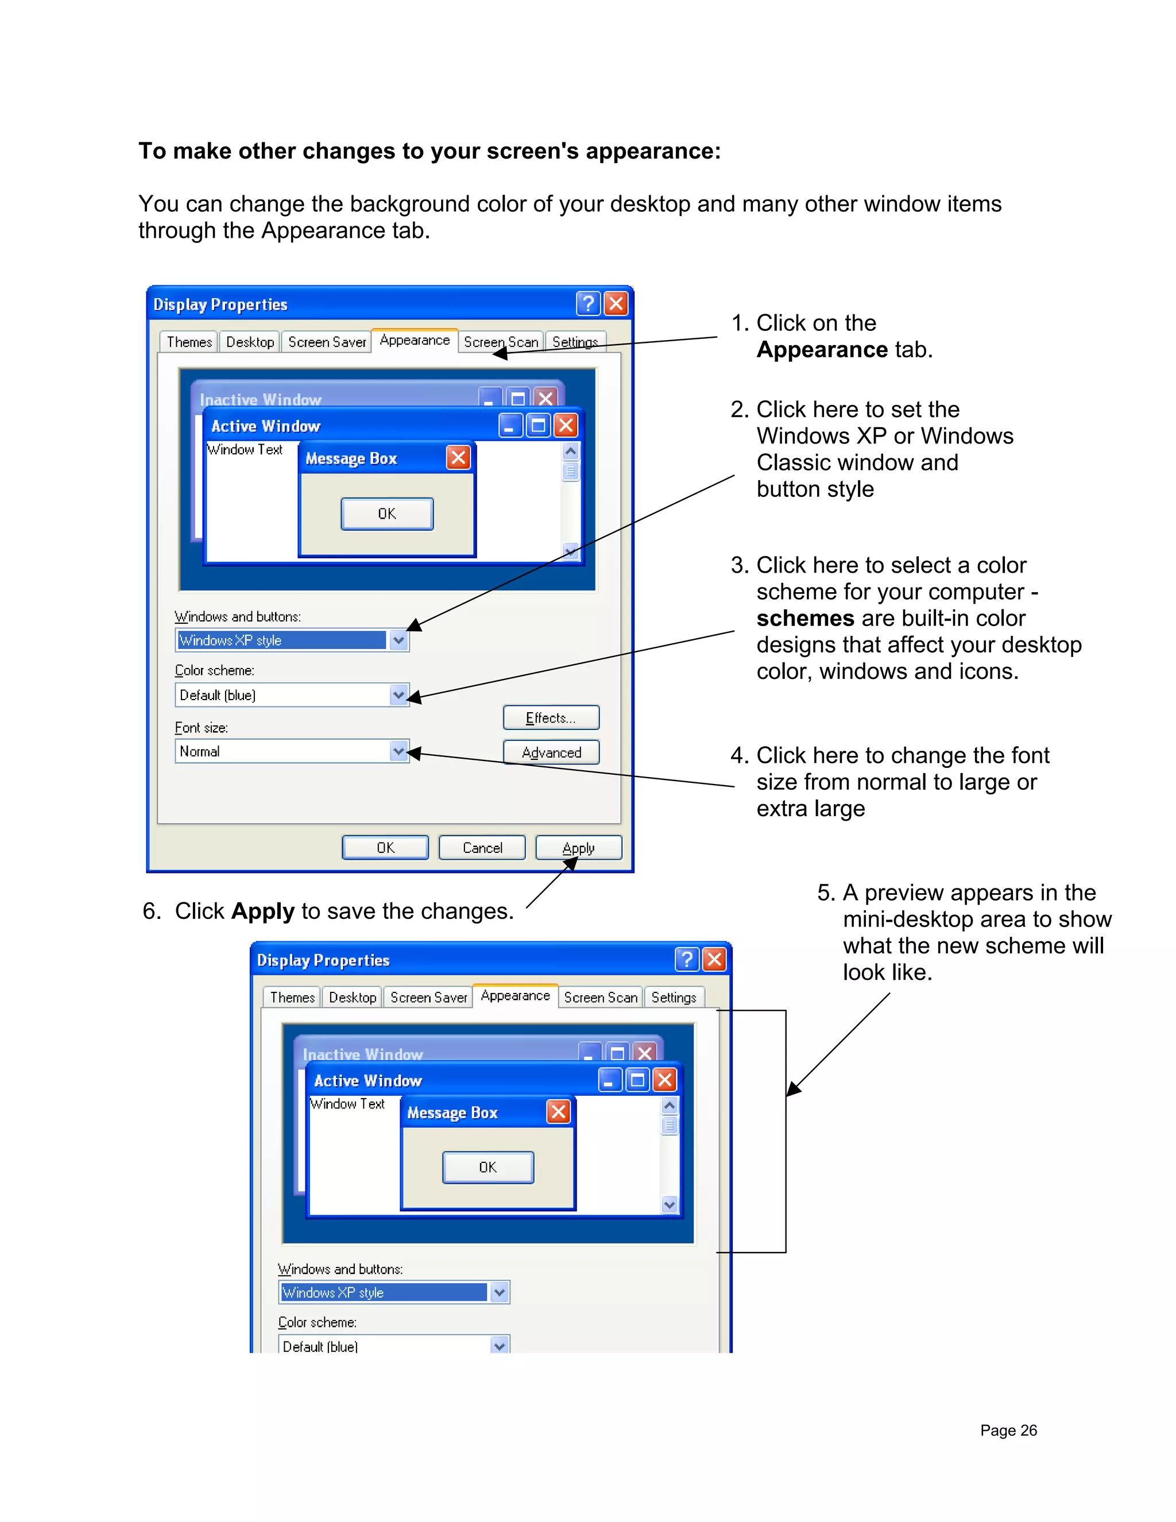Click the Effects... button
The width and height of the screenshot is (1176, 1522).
click(x=550, y=718)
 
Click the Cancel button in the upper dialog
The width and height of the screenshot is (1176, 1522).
click(x=482, y=847)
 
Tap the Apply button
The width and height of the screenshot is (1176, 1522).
click(x=578, y=847)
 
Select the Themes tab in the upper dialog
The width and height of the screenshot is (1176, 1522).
click(x=189, y=342)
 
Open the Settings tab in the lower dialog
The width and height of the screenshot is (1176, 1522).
click(x=673, y=997)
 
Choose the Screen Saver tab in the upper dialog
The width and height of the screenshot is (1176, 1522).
click(x=327, y=342)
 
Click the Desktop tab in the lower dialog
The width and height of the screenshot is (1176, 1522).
click(x=353, y=997)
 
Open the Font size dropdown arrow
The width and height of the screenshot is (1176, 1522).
click(x=399, y=751)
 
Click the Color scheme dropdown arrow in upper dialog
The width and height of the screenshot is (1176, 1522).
click(x=399, y=695)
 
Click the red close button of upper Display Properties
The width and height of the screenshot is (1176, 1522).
click(x=616, y=304)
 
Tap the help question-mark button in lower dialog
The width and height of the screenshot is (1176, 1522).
click(x=687, y=960)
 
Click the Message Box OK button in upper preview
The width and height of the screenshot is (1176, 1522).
click(x=386, y=513)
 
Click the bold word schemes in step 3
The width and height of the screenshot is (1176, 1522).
click(x=804, y=618)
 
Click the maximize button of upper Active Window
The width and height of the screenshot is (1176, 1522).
click(x=538, y=425)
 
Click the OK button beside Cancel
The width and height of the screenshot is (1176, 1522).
click(x=385, y=847)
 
